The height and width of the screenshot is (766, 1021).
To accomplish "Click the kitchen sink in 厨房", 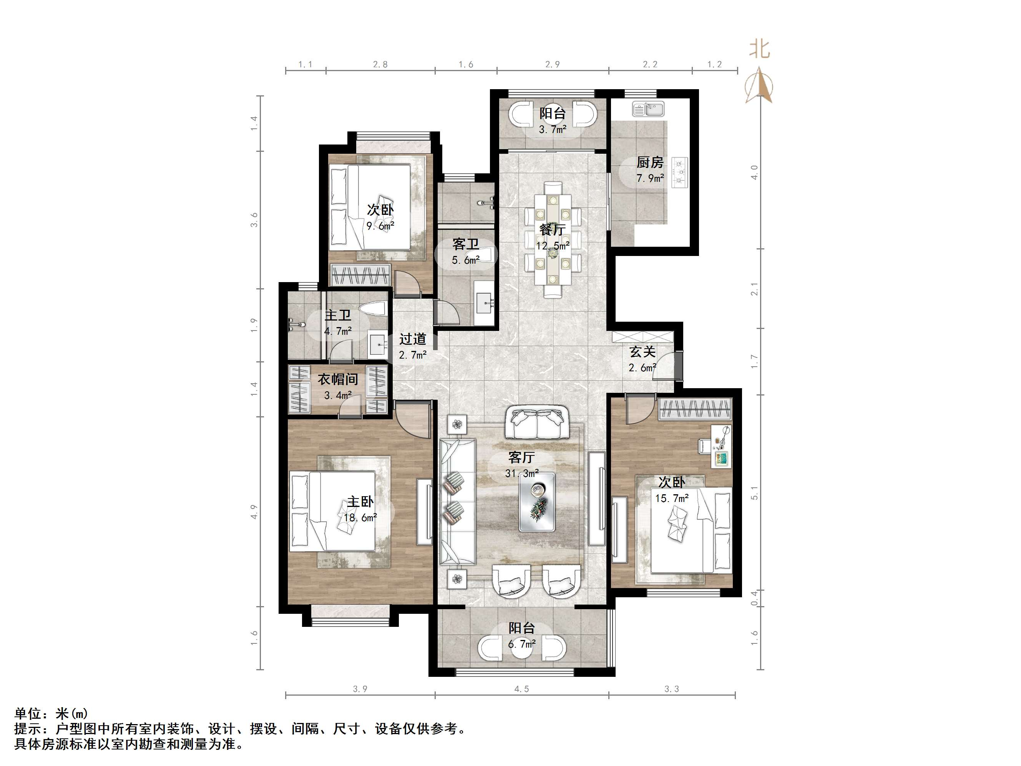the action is tap(648, 110).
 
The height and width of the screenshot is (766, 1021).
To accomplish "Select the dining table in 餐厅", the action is tap(553, 239).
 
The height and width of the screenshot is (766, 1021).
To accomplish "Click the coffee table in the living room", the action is tap(537, 502).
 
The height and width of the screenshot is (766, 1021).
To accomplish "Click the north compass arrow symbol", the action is tap(759, 85).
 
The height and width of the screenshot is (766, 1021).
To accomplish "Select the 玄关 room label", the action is tap(642, 352).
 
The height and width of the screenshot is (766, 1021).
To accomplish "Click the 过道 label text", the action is tap(413, 339).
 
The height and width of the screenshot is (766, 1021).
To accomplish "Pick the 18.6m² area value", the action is tap(360, 518).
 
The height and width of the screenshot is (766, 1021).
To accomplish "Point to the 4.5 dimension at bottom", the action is tap(521, 689).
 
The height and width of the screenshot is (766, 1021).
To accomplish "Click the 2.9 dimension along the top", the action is tap(553, 65).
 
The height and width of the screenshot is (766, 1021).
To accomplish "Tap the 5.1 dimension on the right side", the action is tap(755, 493).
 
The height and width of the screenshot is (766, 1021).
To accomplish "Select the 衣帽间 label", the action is tap(338, 379).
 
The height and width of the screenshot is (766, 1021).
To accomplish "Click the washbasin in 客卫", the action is tap(485, 303).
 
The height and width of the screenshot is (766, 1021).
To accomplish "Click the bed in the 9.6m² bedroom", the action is tap(370, 207).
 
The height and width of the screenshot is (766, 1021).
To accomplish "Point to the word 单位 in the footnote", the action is tap(28, 714).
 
